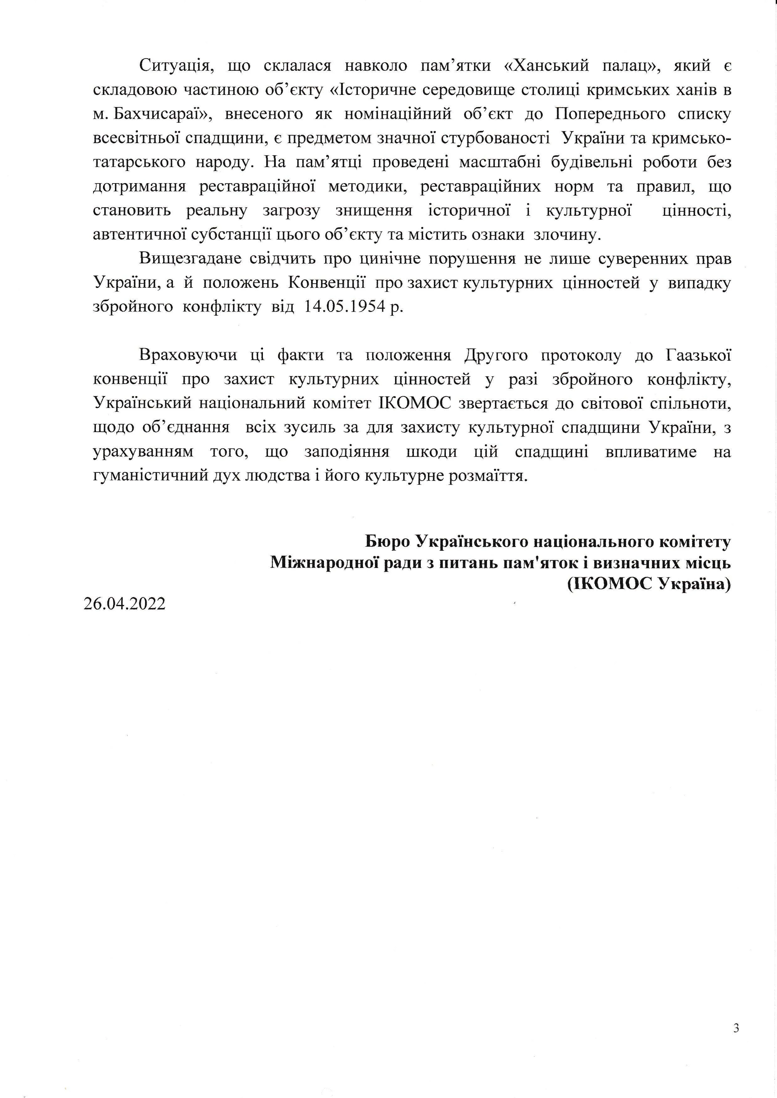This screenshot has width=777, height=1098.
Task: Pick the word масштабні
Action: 499,162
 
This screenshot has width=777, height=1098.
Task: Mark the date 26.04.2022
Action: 124,604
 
